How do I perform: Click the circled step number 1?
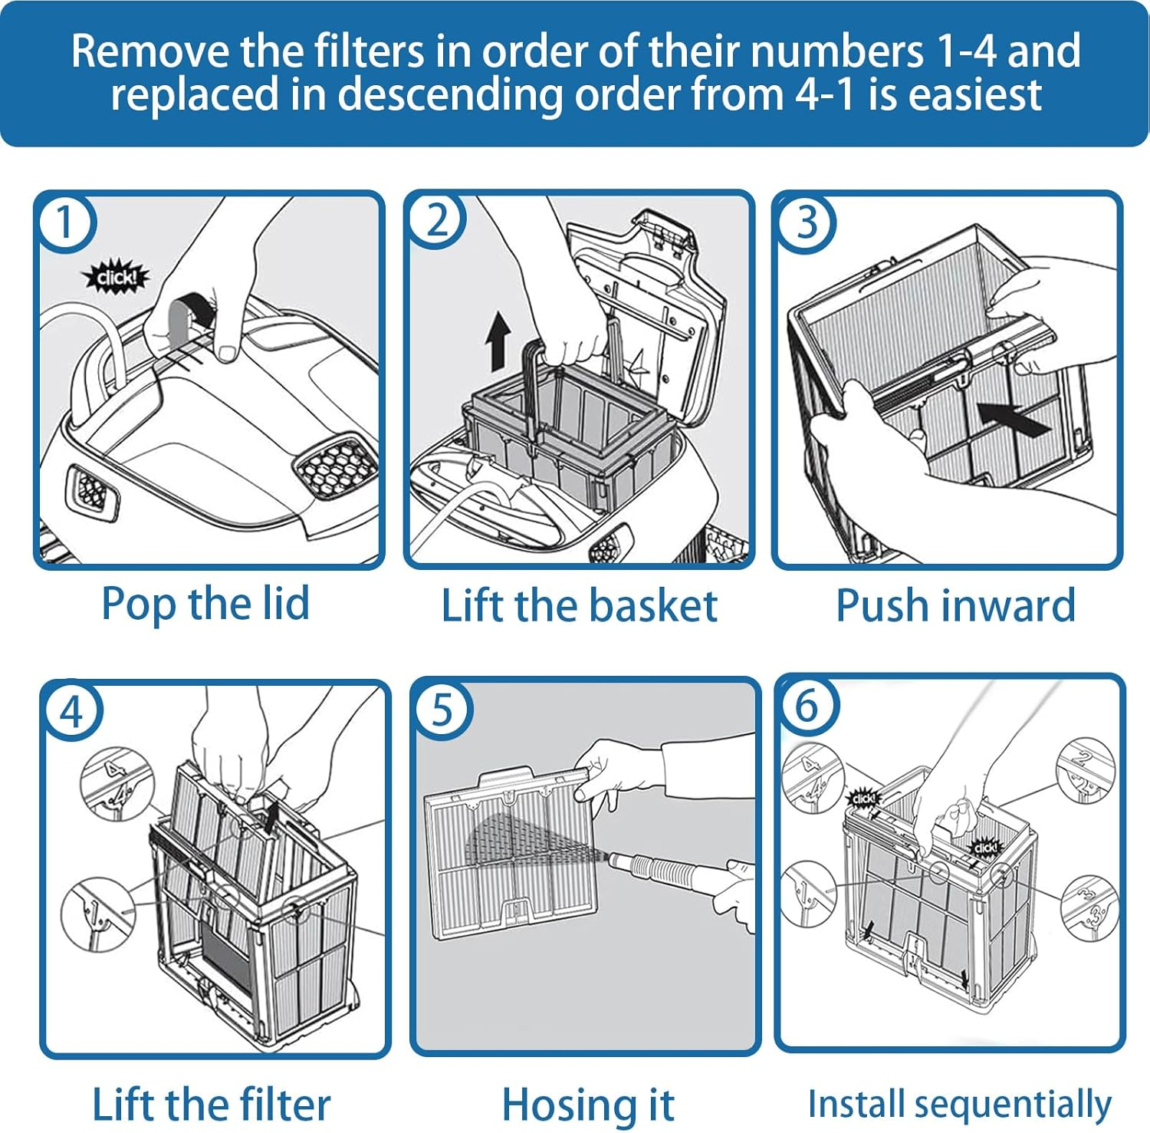[65, 223]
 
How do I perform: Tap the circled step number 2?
[436, 222]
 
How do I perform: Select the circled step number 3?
[807, 223]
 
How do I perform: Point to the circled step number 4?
[71, 711]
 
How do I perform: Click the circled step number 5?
[442, 710]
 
